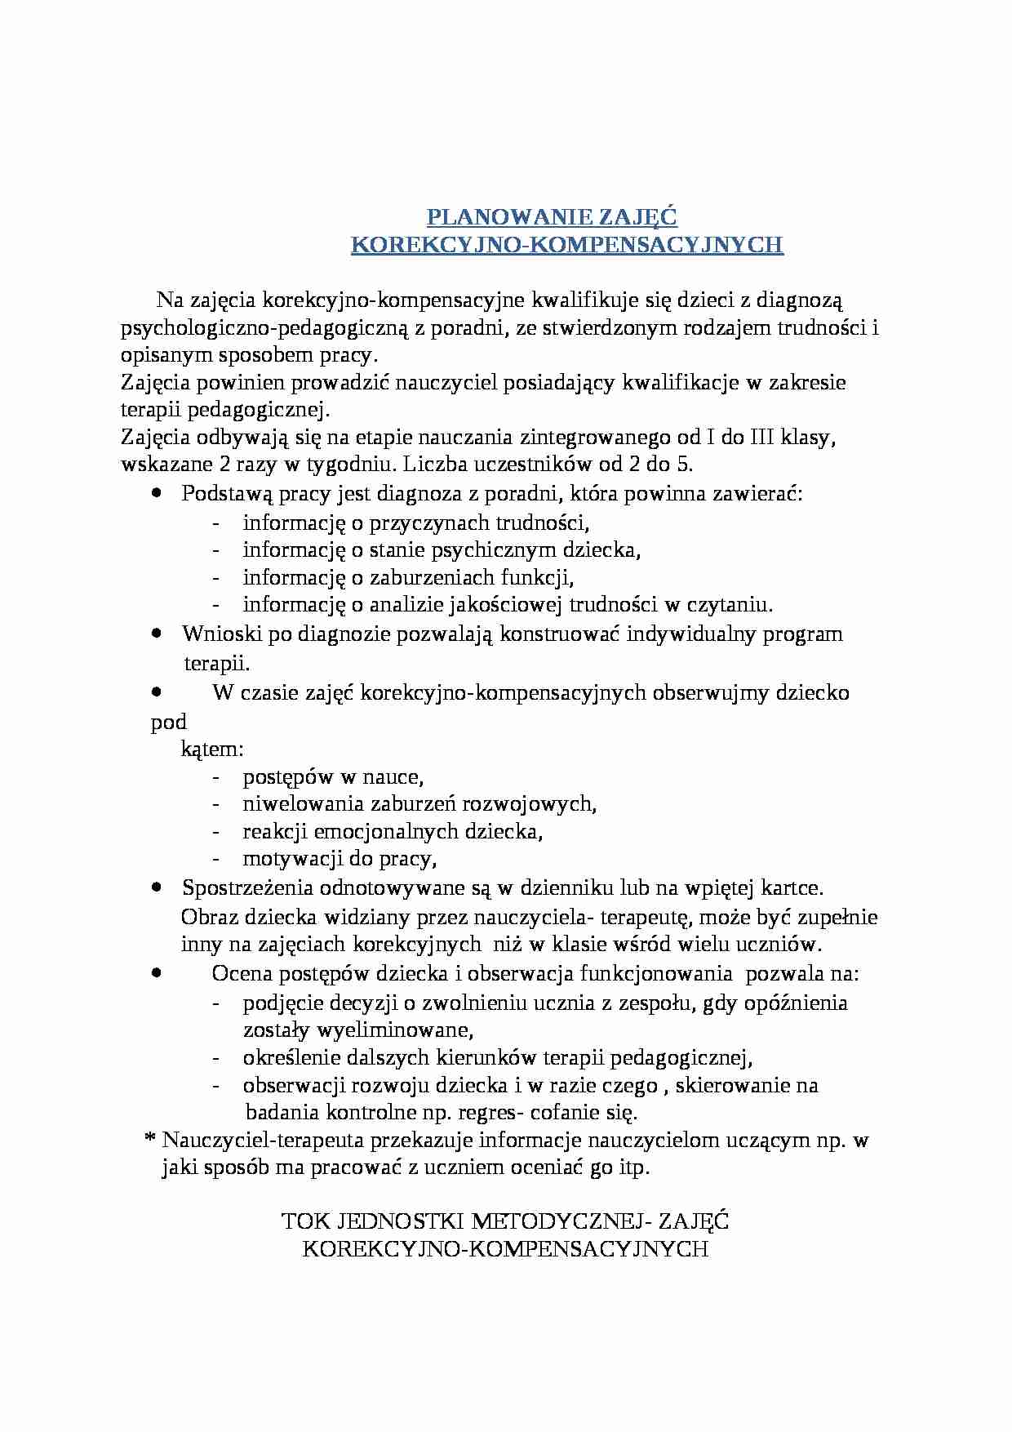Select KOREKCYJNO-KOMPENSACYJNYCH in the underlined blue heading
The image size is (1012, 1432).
tap(566, 245)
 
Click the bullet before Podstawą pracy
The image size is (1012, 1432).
tap(157, 493)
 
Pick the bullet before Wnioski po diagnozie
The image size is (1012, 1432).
tap(157, 633)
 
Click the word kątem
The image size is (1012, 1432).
tap(211, 749)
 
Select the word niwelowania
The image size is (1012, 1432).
tap(304, 803)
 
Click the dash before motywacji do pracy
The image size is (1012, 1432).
tap(215, 859)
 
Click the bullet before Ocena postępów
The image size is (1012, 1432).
tap(157, 972)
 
